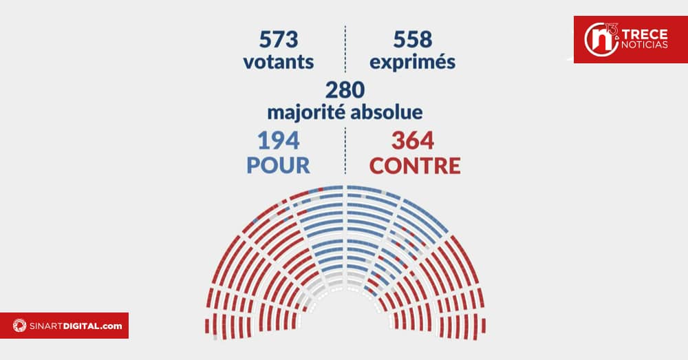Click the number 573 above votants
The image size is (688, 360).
coord(278,38)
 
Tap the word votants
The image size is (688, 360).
coord(278,62)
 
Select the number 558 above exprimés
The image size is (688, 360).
coord(412,38)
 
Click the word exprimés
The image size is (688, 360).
coord(412,63)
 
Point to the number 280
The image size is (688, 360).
coord(345,89)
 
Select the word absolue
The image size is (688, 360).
coord(389,112)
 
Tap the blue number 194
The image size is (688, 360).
coord(278,140)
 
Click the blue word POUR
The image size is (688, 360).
coord(278,166)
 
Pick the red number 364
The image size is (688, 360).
coord(413,140)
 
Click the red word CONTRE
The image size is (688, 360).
coord(415,166)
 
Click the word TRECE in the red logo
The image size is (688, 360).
coord(645,34)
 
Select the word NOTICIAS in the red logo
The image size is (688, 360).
coord(645,45)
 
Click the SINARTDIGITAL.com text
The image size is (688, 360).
coord(72,326)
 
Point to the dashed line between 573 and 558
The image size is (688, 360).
coord(345,48)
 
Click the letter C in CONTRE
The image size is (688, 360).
coord(378,166)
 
